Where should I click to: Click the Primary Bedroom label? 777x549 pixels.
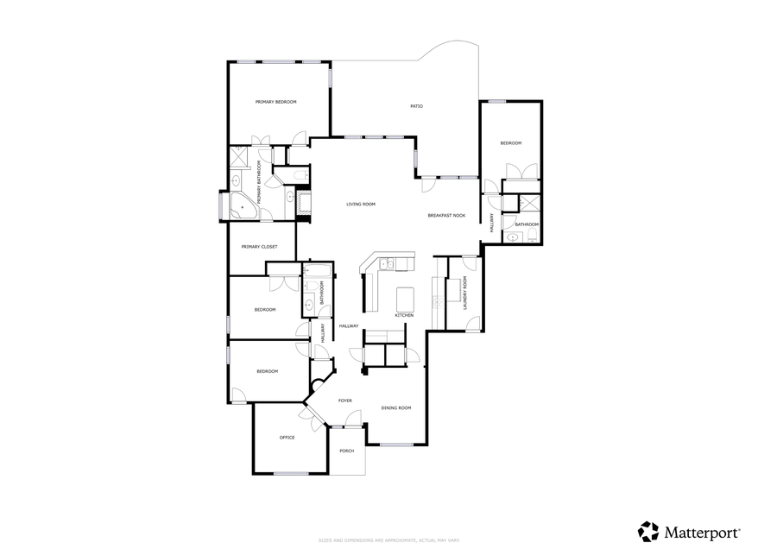(x=275, y=102)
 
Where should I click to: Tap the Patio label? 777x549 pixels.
(x=416, y=106)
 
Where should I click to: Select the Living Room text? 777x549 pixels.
(x=361, y=204)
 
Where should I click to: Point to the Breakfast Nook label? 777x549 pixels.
(x=446, y=215)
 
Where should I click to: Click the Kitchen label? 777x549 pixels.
(x=404, y=315)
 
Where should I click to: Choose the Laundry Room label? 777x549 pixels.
(x=464, y=293)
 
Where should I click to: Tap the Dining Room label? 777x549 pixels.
(x=396, y=407)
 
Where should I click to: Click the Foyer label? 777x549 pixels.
(x=344, y=401)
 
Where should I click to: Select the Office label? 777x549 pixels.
(x=287, y=438)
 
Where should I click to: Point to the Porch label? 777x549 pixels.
(x=346, y=451)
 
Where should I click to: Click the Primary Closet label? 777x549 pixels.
(x=259, y=247)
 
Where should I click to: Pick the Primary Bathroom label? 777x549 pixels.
(x=258, y=182)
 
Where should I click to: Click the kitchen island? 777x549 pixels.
(x=405, y=299)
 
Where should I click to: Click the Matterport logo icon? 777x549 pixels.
(x=647, y=531)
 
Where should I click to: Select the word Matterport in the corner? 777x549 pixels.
(x=701, y=531)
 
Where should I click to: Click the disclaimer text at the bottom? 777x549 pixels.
(x=388, y=540)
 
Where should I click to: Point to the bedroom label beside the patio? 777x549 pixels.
(x=511, y=143)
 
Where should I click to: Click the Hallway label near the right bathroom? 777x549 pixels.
(x=492, y=222)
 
